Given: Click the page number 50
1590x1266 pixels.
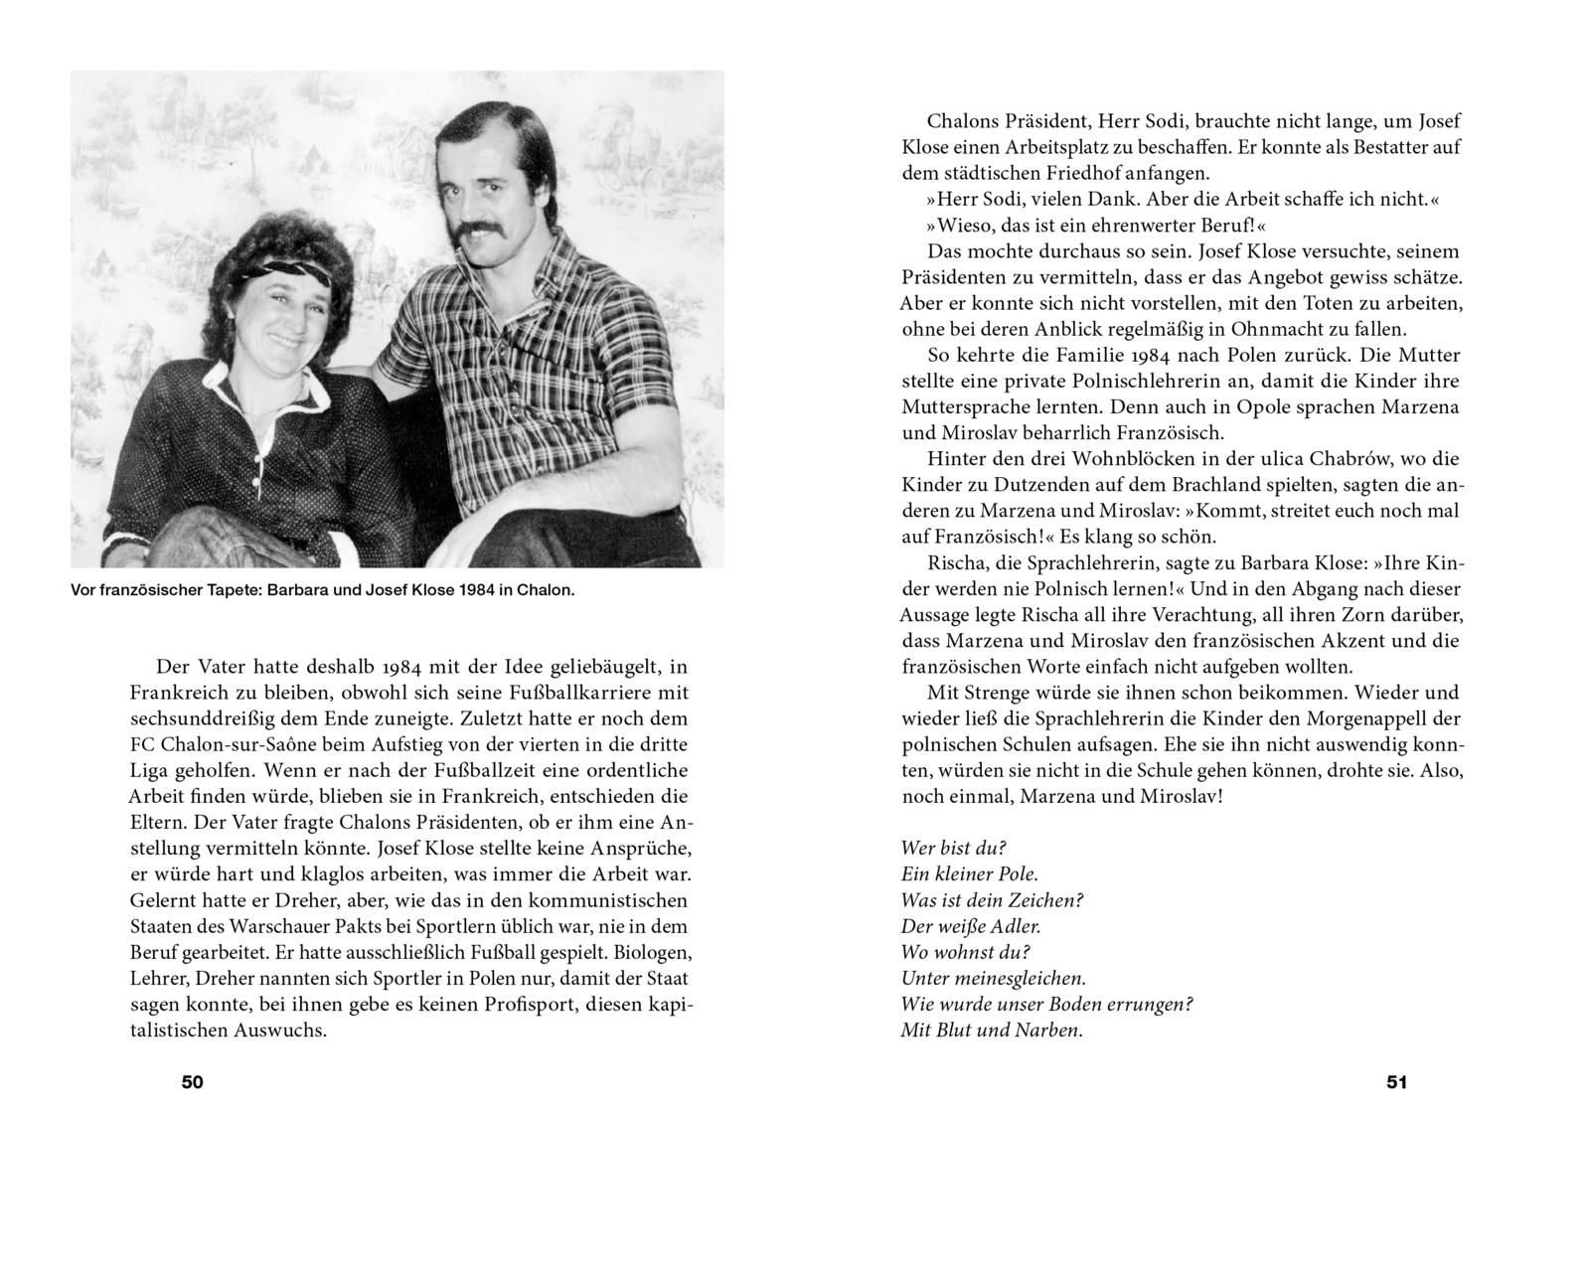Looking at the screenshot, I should (x=193, y=1082).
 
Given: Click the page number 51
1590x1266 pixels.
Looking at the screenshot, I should (x=1396, y=1082).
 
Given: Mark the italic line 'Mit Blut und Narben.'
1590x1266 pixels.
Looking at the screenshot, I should (x=991, y=1029).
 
